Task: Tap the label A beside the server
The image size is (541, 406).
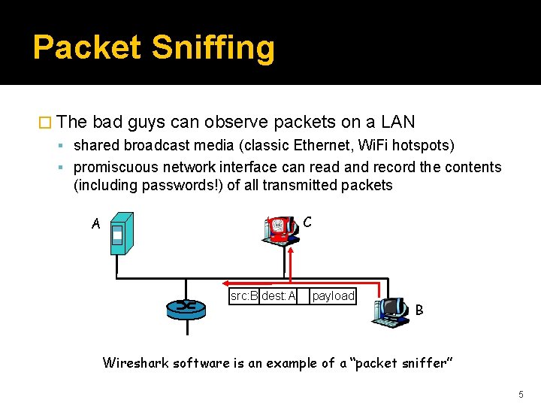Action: [95, 223]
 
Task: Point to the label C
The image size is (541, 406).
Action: [307, 222]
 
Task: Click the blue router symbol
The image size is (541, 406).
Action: [186, 305]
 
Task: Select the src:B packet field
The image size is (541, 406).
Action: [243, 296]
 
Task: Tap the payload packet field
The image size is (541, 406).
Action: [333, 296]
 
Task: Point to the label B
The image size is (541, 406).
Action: [419, 310]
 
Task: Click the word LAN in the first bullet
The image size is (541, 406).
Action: [398, 122]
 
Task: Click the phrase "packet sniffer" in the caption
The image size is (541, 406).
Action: [401, 363]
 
